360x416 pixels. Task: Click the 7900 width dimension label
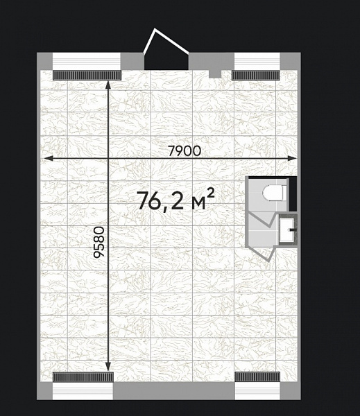(185, 151)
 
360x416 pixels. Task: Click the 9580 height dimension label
(100, 242)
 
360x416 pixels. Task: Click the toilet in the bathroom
(275, 193)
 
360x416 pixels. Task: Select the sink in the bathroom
(287, 229)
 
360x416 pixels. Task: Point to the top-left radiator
(87, 75)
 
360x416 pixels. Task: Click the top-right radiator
(256, 75)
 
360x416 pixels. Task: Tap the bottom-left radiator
(83, 376)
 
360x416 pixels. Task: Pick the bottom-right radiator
(257, 376)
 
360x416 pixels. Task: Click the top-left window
(87, 61)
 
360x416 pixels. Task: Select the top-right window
(257, 61)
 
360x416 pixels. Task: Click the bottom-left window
(83, 391)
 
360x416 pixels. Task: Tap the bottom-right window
(257, 391)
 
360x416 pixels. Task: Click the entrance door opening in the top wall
(166, 61)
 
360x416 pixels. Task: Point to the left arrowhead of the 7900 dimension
(48, 158)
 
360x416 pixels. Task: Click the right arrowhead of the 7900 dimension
(293, 158)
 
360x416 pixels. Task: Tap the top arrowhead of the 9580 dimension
(108, 85)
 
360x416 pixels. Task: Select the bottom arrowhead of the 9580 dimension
(108, 367)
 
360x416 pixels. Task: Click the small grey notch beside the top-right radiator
(215, 74)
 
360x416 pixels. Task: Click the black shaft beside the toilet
(293, 193)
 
